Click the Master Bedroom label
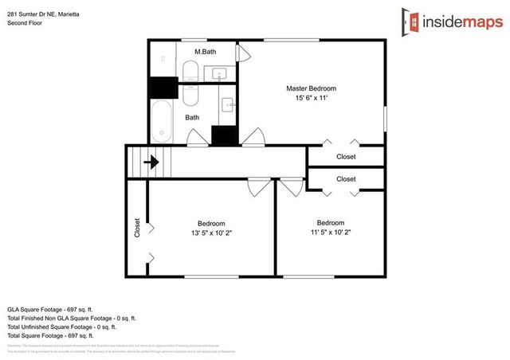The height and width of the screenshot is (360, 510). coord(311,88)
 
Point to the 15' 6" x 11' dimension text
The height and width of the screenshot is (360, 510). coord(311,99)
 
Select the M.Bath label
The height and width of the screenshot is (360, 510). coord(206,52)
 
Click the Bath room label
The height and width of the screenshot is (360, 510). coord(193,117)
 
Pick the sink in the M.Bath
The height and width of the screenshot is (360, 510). coord(220,74)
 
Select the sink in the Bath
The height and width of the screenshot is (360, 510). coord(228,104)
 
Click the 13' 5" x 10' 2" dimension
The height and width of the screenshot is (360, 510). coord(211,233)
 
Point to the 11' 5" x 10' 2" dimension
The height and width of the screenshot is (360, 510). coord(330,233)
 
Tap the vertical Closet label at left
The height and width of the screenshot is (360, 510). coord(137,229)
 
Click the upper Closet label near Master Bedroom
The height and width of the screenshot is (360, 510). coord(346,157)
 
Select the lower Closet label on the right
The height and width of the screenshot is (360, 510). coord(346,179)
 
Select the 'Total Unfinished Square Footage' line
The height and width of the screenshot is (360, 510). coord(61,327)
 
